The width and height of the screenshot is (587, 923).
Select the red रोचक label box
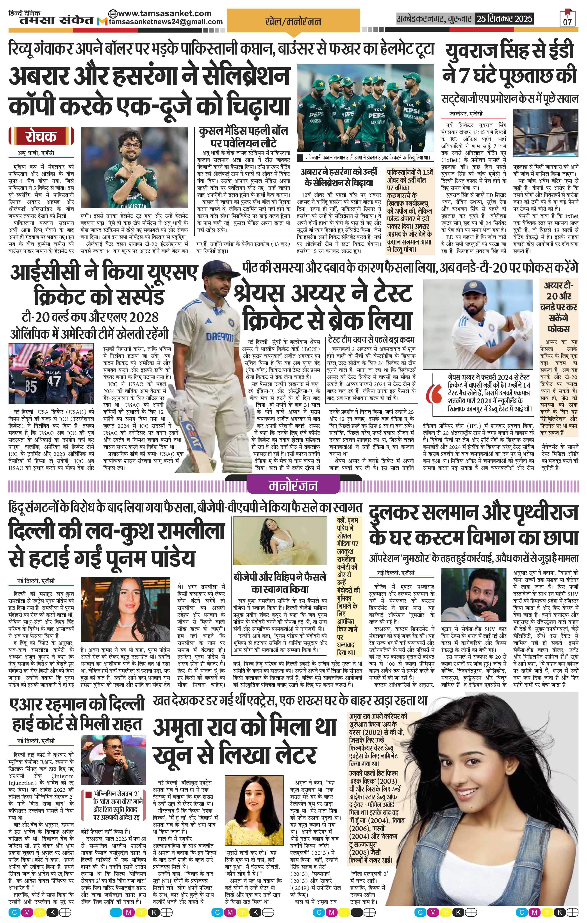[x=41, y=136]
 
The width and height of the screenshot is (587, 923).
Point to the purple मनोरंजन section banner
[x=293, y=486]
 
